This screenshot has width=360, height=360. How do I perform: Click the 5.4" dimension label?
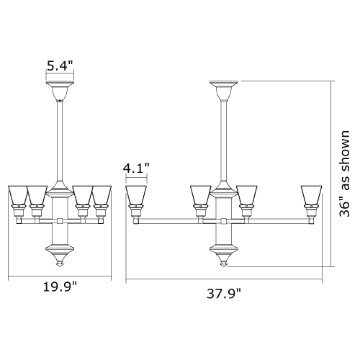click(x=60, y=66)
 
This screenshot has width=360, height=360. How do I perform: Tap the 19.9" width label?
click(x=60, y=287)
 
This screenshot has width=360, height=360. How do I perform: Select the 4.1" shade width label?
click(x=136, y=168)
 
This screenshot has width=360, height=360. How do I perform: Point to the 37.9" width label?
click(x=224, y=294)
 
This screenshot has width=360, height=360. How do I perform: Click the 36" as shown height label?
click(x=344, y=174)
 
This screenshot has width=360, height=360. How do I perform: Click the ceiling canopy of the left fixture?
click(x=60, y=91)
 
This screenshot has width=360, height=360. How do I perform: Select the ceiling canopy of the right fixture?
click(x=224, y=91)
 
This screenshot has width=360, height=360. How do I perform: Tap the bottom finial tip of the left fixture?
click(x=60, y=265)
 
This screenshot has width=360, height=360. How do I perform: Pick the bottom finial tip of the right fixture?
click(x=224, y=264)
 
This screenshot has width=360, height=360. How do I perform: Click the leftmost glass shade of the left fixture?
click(x=18, y=196)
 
